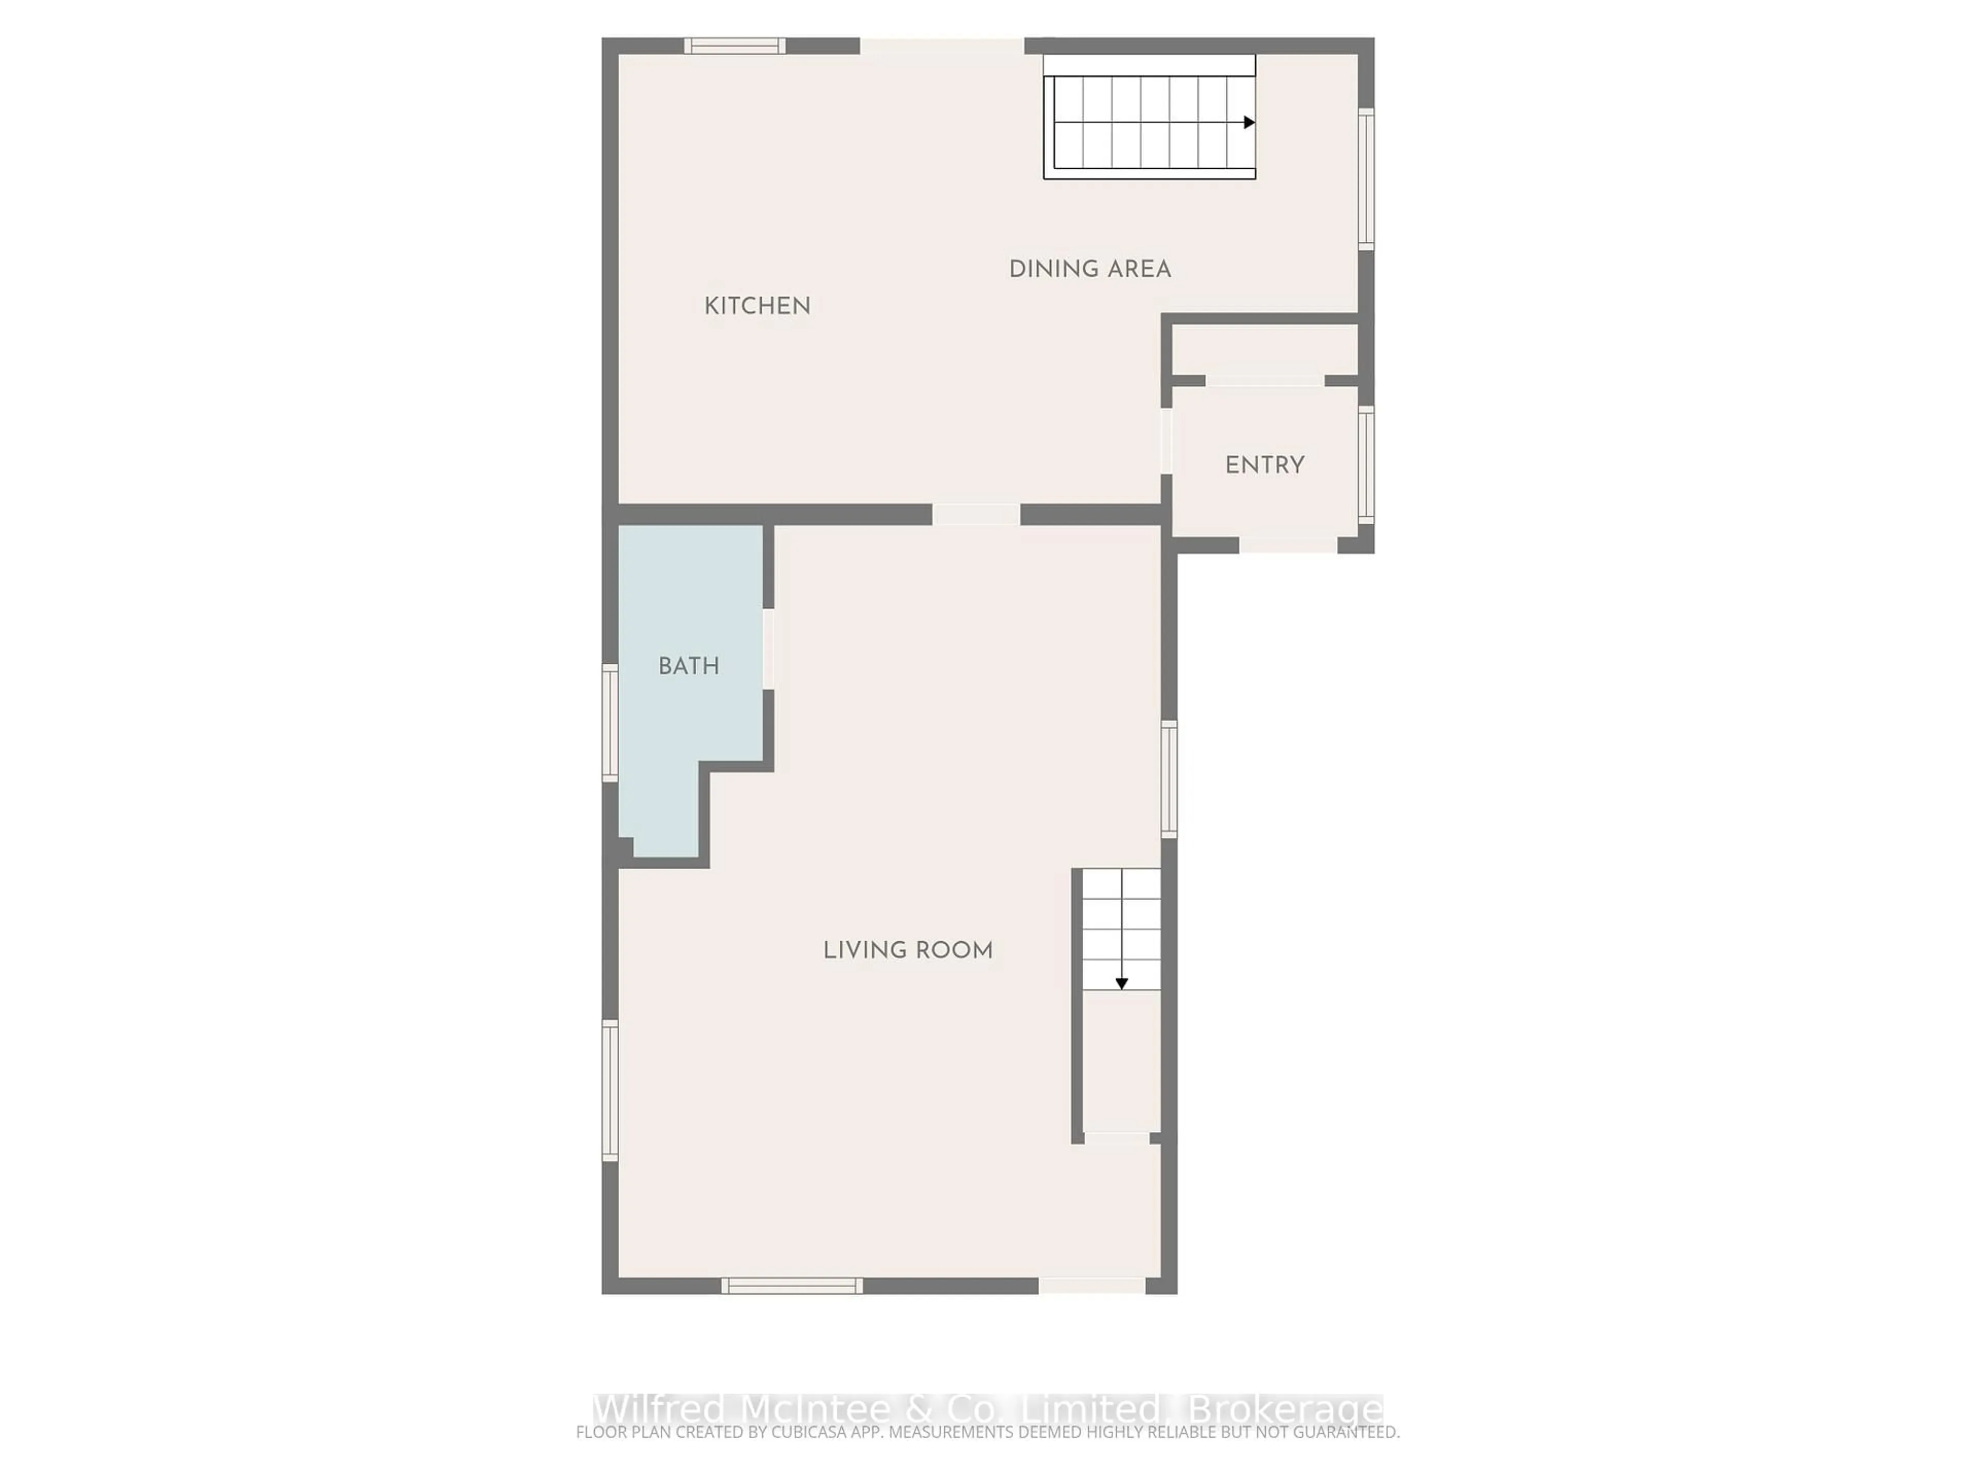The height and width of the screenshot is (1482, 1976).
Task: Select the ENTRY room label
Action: point(1264,465)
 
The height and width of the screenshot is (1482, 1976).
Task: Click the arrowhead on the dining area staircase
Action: point(1249,122)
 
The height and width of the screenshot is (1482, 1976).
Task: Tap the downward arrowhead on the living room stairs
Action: point(1121,983)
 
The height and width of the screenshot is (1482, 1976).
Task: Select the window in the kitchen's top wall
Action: point(734,46)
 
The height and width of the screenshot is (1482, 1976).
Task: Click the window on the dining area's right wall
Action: point(1366,179)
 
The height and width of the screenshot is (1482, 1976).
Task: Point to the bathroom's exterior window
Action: point(610,722)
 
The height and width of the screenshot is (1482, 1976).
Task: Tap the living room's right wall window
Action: point(1169,779)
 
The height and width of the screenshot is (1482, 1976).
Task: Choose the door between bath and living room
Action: point(768,648)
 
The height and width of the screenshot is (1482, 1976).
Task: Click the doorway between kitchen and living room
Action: point(976,515)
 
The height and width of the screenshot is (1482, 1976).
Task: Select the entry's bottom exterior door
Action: point(1287,545)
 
